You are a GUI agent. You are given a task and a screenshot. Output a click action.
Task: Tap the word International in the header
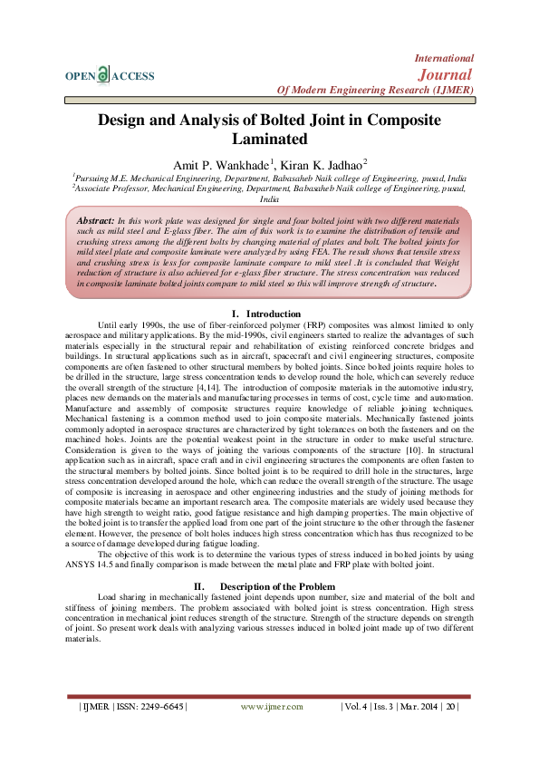coord(444,57)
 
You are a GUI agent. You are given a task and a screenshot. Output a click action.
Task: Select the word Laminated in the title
coord(269,139)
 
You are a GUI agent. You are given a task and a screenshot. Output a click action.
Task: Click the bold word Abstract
coord(95,221)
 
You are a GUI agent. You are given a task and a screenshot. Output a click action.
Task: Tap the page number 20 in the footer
coord(449,706)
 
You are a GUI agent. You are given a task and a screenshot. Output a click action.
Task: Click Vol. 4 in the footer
coord(356,706)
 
